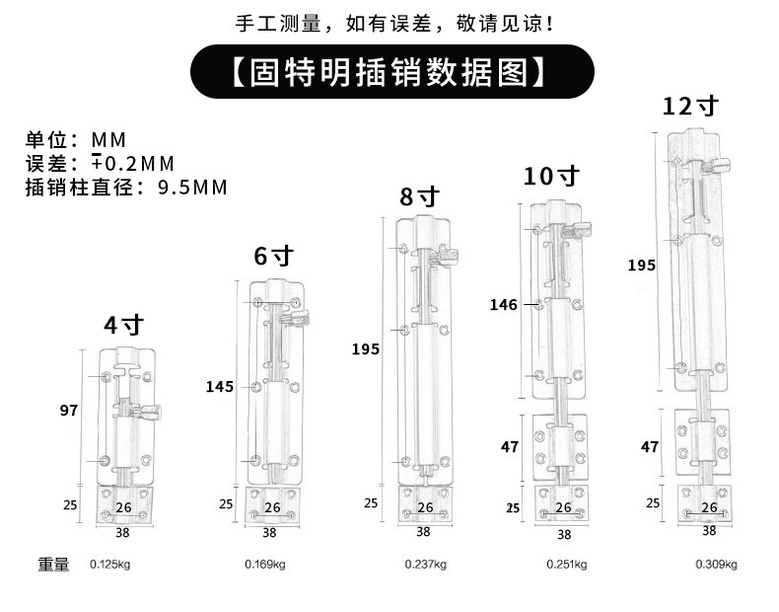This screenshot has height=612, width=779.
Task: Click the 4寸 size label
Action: (x=124, y=326)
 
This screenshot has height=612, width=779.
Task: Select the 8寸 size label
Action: (x=418, y=195)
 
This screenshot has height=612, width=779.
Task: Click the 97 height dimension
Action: (x=69, y=409)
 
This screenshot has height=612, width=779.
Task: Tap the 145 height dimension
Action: (x=220, y=386)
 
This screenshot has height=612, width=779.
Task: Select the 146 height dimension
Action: (x=503, y=305)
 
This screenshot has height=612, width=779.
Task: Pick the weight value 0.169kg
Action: (x=264, y=565)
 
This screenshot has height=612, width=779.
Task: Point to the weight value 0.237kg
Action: (x=425, y=565)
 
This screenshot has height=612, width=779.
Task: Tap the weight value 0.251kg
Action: (x=567, y=565)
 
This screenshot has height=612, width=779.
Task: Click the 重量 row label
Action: (x=54, y=565)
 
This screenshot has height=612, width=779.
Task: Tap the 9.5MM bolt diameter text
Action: (x=192, y=187)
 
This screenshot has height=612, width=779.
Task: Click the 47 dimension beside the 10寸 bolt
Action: (x=510, y=447)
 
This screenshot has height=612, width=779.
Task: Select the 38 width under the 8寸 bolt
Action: (x=423, y=531)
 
